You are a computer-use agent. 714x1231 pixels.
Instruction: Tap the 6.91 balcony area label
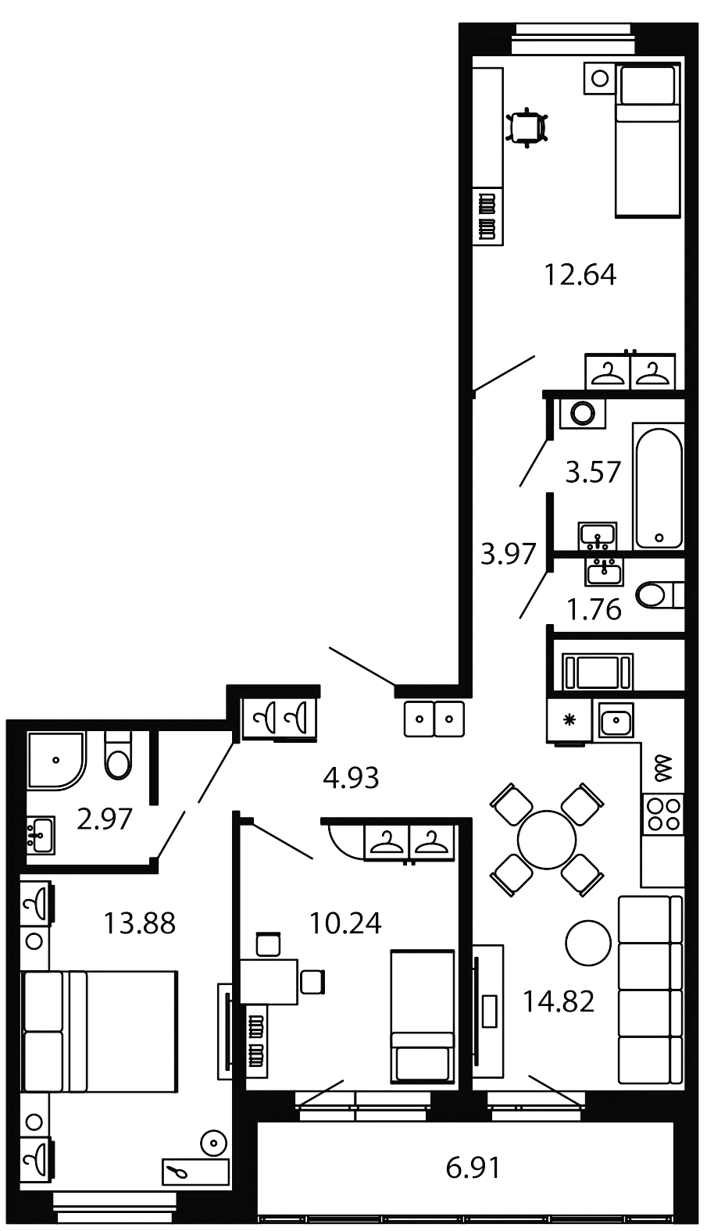tap(473, 1169)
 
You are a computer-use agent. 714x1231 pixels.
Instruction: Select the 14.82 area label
tap(559, 1001)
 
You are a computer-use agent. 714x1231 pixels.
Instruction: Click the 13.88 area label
tap(140, 924)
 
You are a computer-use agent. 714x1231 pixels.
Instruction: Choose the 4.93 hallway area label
tap(351, 778)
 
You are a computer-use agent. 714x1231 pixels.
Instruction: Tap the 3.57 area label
tap(594, 473)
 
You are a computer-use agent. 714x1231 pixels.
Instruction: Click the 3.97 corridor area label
tap(508, 555)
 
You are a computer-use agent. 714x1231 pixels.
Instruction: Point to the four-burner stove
tap(662, 814)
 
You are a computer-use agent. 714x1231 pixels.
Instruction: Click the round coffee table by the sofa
tap(588, 943)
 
